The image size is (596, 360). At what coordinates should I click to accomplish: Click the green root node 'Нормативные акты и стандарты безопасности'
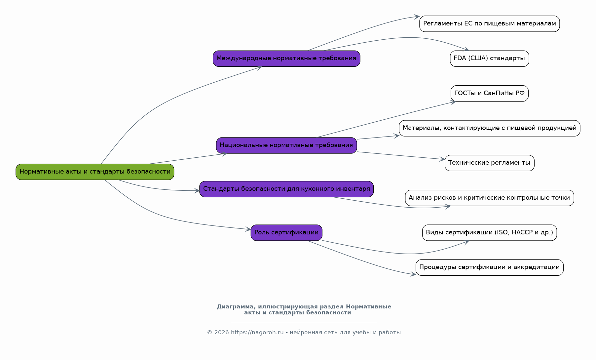point(95,172)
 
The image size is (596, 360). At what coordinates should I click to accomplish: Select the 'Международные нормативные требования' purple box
point(286,59)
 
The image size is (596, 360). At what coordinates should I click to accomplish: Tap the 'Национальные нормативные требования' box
point(286,145)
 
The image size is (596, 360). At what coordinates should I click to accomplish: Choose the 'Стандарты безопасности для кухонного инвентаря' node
point(286,189)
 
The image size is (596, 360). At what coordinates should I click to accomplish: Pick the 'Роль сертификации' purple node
point(286,233)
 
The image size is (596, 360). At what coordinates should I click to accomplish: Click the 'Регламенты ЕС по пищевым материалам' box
point(490,24)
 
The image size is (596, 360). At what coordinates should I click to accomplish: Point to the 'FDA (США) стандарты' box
point(489,59)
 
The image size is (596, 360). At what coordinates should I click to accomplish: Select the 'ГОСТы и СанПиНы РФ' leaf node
point(490,93)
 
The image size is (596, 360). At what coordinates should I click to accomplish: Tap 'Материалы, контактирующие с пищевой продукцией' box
point(490,128)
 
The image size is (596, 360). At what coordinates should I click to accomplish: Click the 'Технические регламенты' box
point(489,163)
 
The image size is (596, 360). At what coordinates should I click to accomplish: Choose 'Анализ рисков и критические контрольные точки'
point(490,198)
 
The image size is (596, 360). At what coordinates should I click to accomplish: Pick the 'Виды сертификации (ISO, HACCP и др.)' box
point(490,233)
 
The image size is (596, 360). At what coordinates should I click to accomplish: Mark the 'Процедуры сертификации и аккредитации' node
point(490,267)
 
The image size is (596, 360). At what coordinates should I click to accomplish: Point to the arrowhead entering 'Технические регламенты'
point(442,159)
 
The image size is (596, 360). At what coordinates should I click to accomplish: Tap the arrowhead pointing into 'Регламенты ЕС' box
point(417,17)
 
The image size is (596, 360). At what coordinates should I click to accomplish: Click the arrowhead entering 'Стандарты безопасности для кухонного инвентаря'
point(197,191)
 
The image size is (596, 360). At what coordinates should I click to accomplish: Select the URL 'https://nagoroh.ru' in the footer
point(257,333)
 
